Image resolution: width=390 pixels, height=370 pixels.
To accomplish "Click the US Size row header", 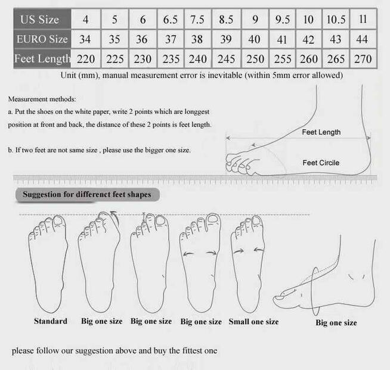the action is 42,19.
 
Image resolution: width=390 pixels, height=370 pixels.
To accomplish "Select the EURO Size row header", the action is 42,39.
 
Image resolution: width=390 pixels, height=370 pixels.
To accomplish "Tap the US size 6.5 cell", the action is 171,19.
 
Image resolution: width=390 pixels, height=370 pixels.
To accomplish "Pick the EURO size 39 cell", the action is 226,39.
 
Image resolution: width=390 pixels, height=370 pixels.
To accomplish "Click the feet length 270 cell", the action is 363,58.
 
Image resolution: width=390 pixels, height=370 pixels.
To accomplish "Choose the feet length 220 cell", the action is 86,58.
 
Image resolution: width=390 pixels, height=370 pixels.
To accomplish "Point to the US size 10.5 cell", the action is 336,19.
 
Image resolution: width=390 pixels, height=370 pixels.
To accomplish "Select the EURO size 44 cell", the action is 363,39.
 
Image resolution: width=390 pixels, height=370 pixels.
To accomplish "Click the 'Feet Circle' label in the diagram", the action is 321,163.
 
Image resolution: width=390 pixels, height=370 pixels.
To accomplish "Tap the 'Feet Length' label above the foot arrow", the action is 321,132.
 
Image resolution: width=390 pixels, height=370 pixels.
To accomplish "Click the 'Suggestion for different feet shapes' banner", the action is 87,194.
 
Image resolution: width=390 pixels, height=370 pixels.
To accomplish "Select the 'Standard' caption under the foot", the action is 51,321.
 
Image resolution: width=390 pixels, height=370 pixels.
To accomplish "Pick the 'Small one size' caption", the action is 253,322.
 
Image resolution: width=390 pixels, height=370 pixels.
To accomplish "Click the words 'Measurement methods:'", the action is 42,99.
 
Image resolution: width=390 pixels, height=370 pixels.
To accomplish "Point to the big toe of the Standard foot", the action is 59,222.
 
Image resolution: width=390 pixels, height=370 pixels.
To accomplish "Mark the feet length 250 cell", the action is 255,58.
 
